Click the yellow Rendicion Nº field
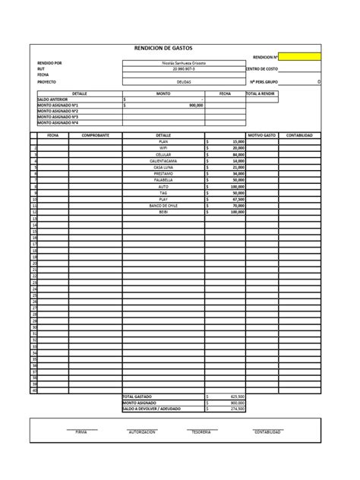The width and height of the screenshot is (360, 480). coord(299,56)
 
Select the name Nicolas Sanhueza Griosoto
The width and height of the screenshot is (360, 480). coord(184,62)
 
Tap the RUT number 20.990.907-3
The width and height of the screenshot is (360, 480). coord(184,68)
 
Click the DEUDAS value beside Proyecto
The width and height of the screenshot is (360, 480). coord(184,81)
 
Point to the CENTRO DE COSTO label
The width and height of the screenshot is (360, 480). coord(262,68)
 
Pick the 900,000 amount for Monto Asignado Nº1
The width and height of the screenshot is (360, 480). coord(196,105)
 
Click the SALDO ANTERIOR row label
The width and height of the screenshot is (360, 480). coord(52,99)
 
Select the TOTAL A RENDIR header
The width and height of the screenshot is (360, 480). coord(261,93)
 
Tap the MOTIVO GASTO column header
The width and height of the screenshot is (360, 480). coord(262,134)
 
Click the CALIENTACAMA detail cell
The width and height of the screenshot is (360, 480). coord(163,160)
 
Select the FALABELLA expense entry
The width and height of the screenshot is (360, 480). coord(163,179)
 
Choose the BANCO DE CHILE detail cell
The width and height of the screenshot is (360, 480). coord(163,205)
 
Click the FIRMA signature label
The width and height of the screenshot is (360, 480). coord(81,431)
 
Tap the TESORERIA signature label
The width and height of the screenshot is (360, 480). coord(201,431)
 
